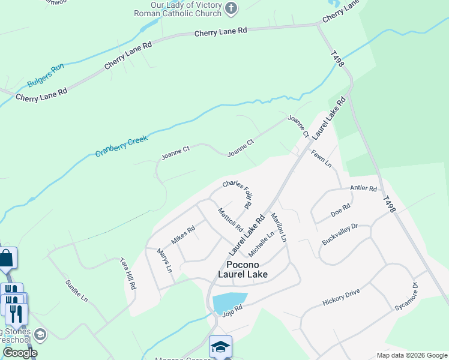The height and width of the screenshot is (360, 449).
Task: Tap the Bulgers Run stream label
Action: click(x=45, y=76)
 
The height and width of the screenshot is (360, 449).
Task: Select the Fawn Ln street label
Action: click(x=321, y=159)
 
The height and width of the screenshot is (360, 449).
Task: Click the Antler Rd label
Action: click(x=364, y=188)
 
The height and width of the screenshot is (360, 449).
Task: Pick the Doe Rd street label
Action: click(x=340, y=213)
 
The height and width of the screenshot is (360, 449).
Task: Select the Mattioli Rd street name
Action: click(x=231, y=220)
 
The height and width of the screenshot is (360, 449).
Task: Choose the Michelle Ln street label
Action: click(x=262, y=242)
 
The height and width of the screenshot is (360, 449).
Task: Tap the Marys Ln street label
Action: click(x=164, y=260)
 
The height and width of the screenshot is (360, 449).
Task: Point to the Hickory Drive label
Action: click(x=341, y=295)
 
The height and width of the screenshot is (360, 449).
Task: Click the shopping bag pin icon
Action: click(x=6, y=259)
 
